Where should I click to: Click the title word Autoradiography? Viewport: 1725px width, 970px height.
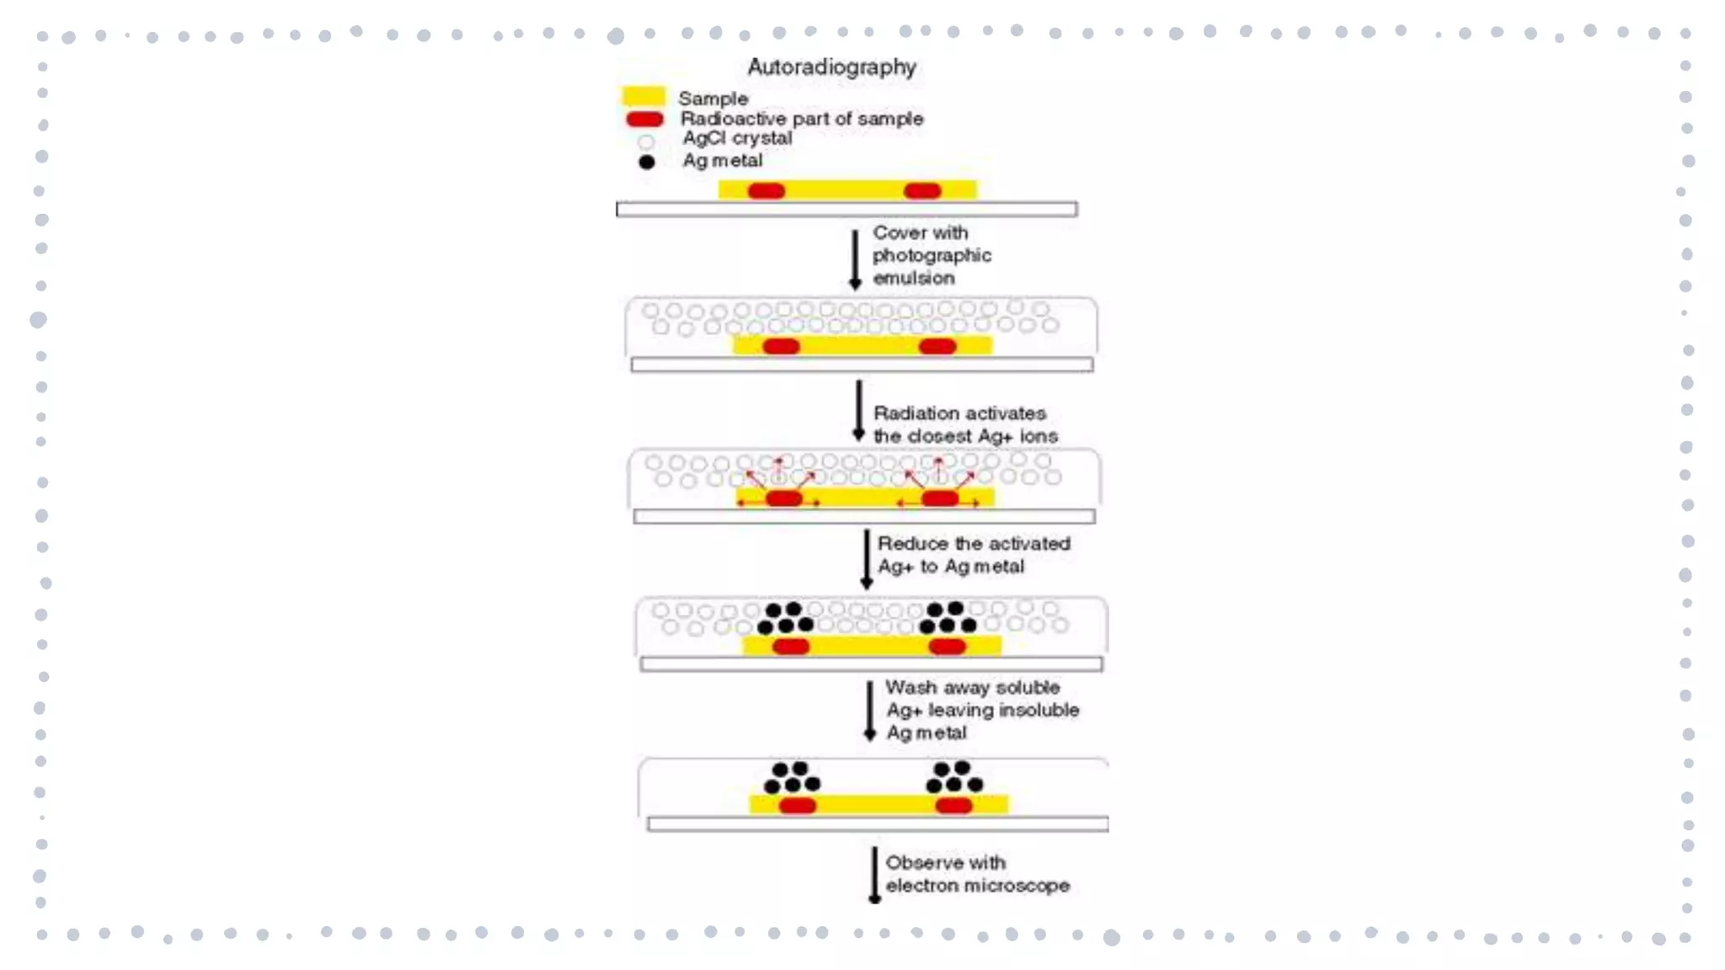pyautogui.click(x=831, y=67)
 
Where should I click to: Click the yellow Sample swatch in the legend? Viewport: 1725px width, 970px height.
pyautogui.click(x=643, y=96)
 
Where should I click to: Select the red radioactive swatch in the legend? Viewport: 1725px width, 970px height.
pyautogui.click(x=644, y=120)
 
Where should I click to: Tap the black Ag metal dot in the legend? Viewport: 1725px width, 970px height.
pyautogui.click(x=646, y=162)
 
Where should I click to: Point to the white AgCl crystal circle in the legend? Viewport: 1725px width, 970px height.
pyautogui.click(x=646, y=141)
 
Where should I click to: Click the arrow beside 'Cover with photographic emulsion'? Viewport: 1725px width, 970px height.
pyautogui.click(x=855, y=258)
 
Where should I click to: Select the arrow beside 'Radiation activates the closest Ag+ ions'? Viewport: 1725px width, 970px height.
pyautogui.click(x=858, y=410)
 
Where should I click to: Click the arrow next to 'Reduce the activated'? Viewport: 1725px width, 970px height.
pyautogui.click(x=866, y=558)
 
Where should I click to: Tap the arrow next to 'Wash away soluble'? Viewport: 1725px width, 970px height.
pyautogui.click(x=870, y=711)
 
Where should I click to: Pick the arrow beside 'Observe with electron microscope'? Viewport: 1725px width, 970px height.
pyautogui.click(x=874, y=875)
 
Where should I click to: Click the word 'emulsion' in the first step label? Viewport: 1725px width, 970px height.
pyautogui.click(x=913, y=278)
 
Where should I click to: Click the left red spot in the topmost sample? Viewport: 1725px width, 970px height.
pyautogui.click(x=766, y=191)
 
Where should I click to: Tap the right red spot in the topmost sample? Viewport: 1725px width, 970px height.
pyautogui.click(x=922, y=191)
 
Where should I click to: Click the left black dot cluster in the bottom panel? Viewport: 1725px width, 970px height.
pyautogui.click(x=792, y=777)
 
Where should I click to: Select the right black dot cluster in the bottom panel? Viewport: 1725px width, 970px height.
pyautogui.click(x=953, y=777)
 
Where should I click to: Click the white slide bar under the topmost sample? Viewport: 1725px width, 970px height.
pyautogui.click(x=846, y=209)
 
